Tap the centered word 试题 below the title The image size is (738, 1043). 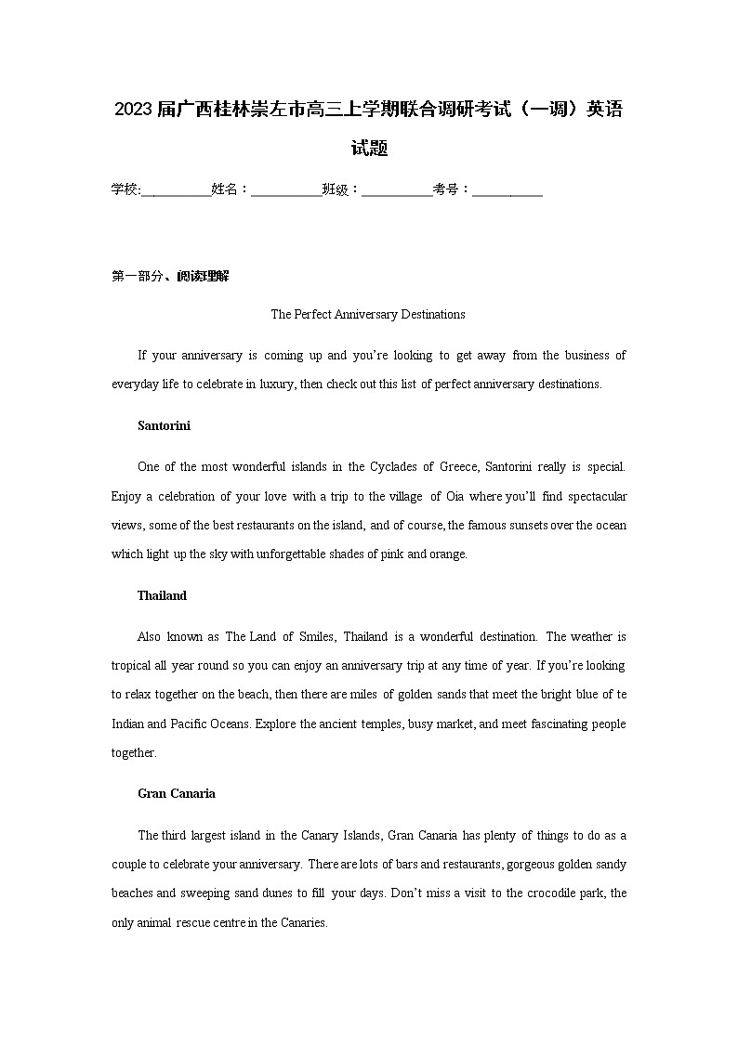point(369,148)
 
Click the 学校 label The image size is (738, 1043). point(125,189)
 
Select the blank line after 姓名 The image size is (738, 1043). point(285,189)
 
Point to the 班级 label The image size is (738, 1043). point(336,189)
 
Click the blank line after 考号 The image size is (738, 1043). point(507,189)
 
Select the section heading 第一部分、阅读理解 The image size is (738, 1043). point(170,276)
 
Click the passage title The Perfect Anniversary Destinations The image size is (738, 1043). point(368,314)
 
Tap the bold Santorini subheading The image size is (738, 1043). point(164,425)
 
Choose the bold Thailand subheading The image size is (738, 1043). point(162,595)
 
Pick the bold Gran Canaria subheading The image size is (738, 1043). point(177,793)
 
